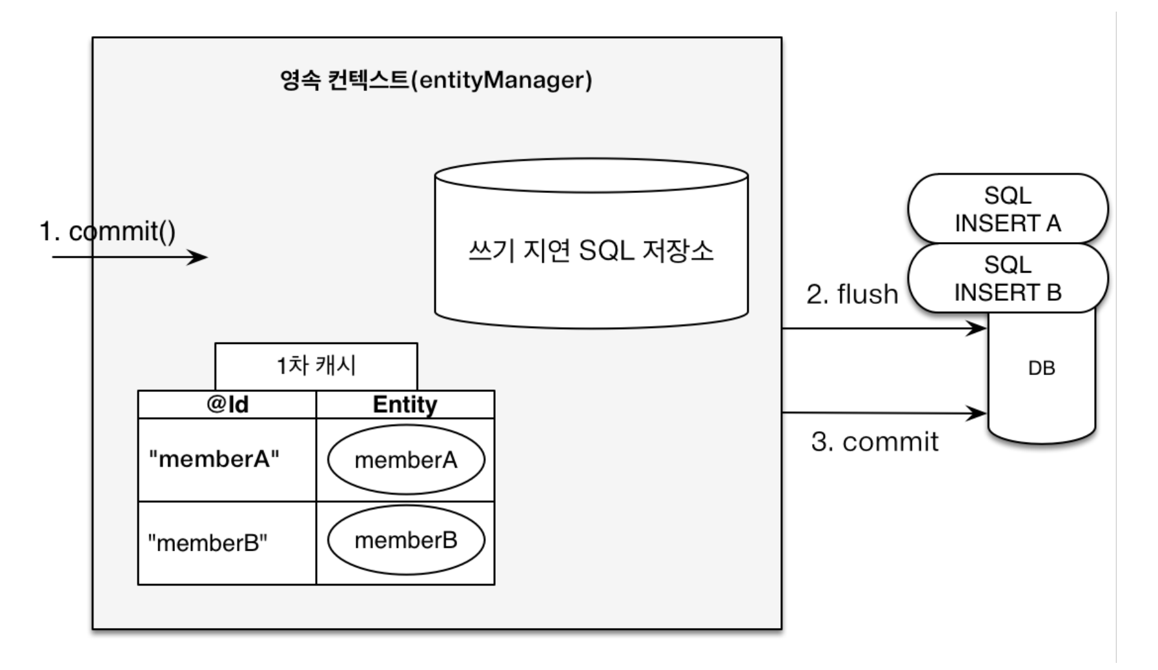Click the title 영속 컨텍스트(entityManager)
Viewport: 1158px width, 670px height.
(x=436, y=80)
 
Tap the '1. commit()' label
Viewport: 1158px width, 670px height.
(x=108, y=231)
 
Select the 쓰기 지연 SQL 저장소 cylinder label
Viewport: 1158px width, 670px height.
(x=591, y=250)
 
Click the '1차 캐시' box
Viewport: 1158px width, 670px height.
(x=316, y=366)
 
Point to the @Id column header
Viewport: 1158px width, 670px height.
(x=227, y=404)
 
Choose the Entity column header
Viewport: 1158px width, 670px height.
(x=405, y=404)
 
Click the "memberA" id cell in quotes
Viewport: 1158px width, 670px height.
(x=214, y=459)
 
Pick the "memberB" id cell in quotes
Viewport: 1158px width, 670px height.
(x=208, y=543)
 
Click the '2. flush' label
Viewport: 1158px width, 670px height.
(x=852, y=294)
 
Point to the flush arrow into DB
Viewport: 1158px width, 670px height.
(x=884, y=329)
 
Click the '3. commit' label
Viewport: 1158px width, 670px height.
(x=875, y=442)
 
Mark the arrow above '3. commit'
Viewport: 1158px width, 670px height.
(x=884, y=412)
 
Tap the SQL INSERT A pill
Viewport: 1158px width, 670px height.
(x=1008, y=208)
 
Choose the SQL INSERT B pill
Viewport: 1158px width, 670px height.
(x=1008, y=278)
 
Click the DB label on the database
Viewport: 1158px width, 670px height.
(x=1041, y=368)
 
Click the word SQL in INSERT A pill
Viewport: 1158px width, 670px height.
(x=1008, y=195)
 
